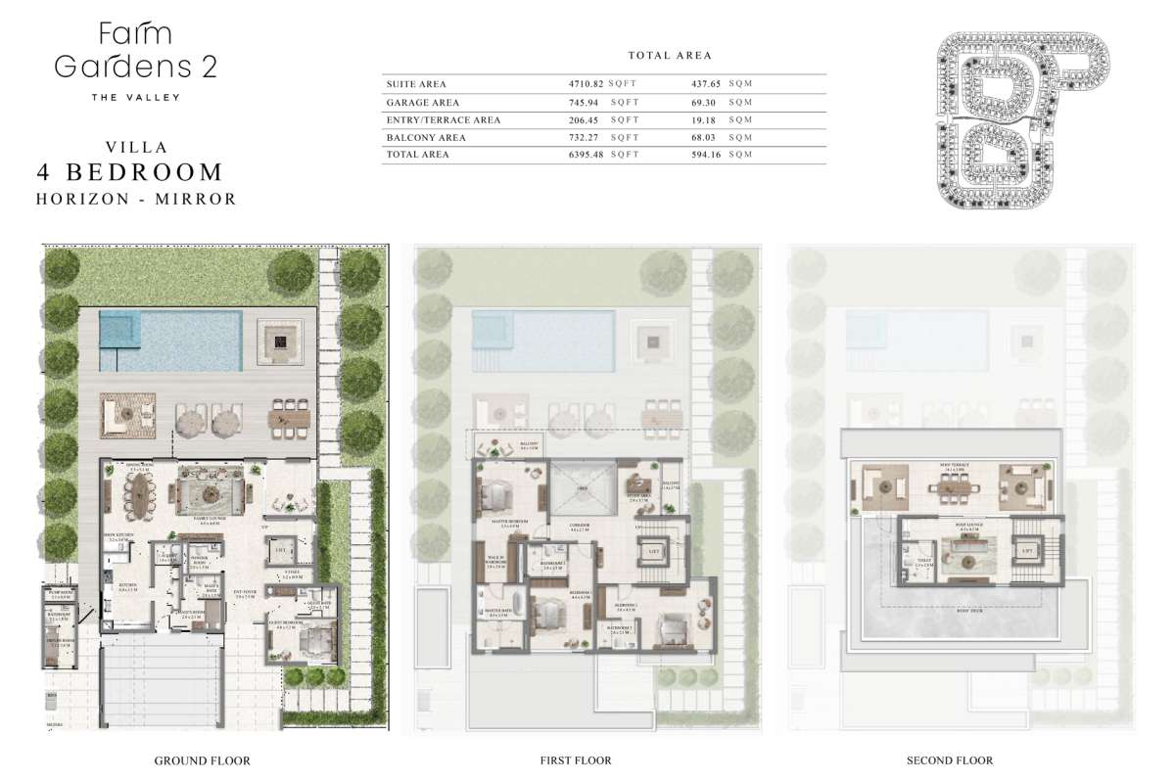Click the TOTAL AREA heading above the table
[670, 56]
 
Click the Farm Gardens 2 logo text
[135, 51]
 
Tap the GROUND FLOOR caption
[203, 760]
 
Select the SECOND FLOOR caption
[951, 760]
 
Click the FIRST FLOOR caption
[576, 760]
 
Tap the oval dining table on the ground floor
[144, 497]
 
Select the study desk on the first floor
[641, 482]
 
